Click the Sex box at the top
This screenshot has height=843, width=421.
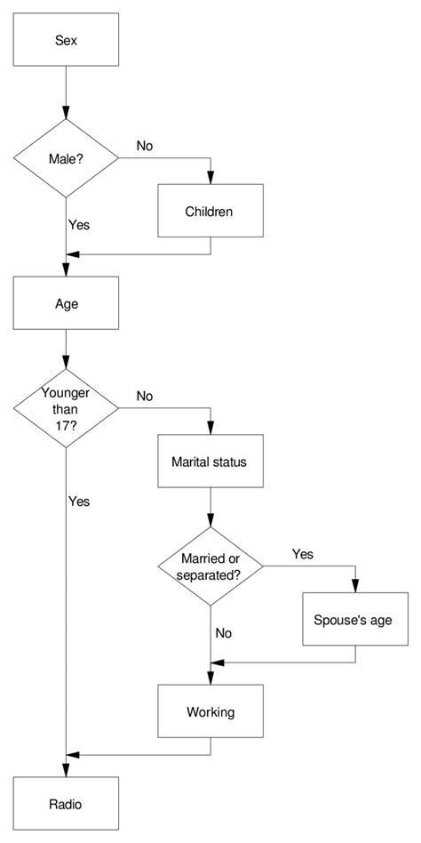[x=66, y=40]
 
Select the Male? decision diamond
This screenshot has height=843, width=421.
[x=66, y=159]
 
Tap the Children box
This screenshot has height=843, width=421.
[x=210, y=211]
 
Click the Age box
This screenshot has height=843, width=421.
[x=66, y=302]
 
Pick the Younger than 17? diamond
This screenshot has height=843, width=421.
[x=66, y=408]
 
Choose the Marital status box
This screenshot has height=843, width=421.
[x=210, y=462]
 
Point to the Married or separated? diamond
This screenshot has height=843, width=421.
[x=210, y=566]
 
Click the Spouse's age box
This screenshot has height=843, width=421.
[x=354, y=618]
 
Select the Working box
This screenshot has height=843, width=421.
[x=210, y=711]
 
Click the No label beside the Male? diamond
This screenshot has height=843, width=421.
[x=145, y=144]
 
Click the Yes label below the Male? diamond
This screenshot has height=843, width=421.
[x=79, y=225]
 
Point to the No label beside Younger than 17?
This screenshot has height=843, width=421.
[x=145, y=394]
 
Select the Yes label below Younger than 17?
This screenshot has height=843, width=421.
[x=79, y=502]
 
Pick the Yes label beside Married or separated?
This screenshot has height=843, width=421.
[x=302, y=553]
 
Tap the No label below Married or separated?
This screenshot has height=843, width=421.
[x=224, y=634]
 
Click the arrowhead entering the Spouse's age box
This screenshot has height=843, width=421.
[x=354, y=586]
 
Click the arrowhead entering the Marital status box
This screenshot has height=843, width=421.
[x=210, y=429]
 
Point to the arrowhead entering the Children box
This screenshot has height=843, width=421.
[x=210, y=178]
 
